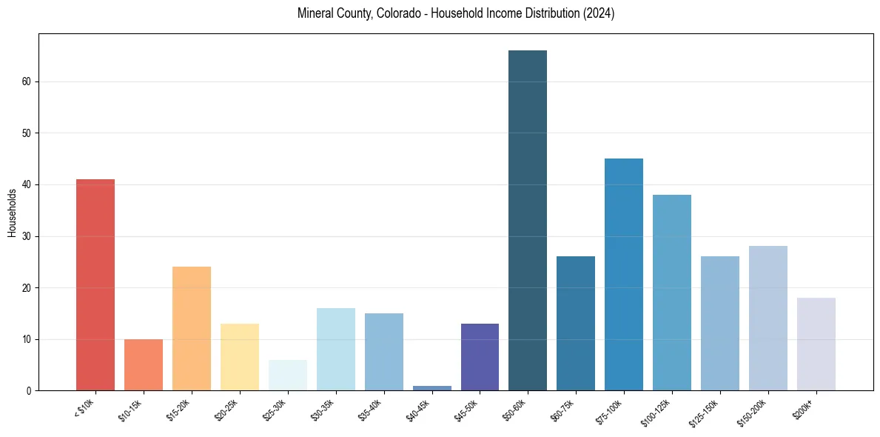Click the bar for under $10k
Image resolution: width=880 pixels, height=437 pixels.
[95, 285]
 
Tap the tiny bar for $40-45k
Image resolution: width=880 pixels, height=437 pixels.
[431, 387]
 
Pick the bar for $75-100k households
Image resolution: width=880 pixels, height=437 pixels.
[624, 275]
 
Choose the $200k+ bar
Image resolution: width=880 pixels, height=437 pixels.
[816, 344]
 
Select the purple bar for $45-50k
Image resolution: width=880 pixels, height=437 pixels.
[480, 357]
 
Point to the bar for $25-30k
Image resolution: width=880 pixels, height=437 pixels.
[288, 376]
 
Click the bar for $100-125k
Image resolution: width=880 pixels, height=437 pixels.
[672, 293]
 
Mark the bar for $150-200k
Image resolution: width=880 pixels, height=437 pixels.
[768, 318]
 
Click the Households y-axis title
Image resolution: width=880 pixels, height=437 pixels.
[13, 213]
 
